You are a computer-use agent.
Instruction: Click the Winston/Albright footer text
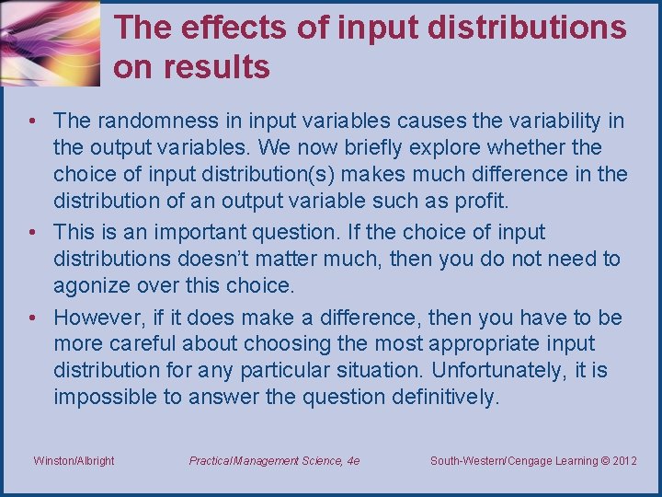click(74, 461)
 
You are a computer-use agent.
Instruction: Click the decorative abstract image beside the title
click(51, 44)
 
